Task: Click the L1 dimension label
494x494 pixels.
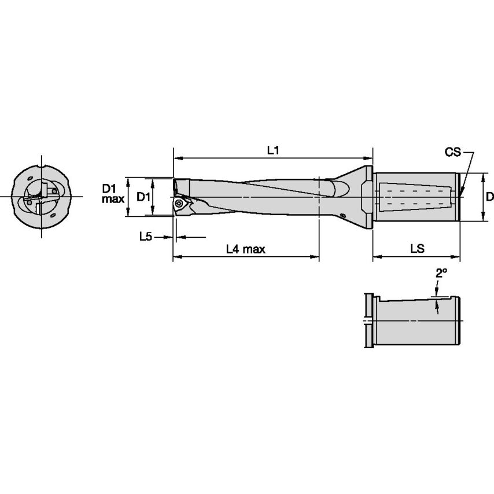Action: [273, 149]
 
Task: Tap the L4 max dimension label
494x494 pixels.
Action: [245, 249]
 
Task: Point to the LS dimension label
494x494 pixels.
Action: [416, 249]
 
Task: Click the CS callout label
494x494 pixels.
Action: [452, 152]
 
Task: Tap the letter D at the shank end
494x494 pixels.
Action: [489, 197]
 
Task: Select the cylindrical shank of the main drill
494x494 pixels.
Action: [416, 197]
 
